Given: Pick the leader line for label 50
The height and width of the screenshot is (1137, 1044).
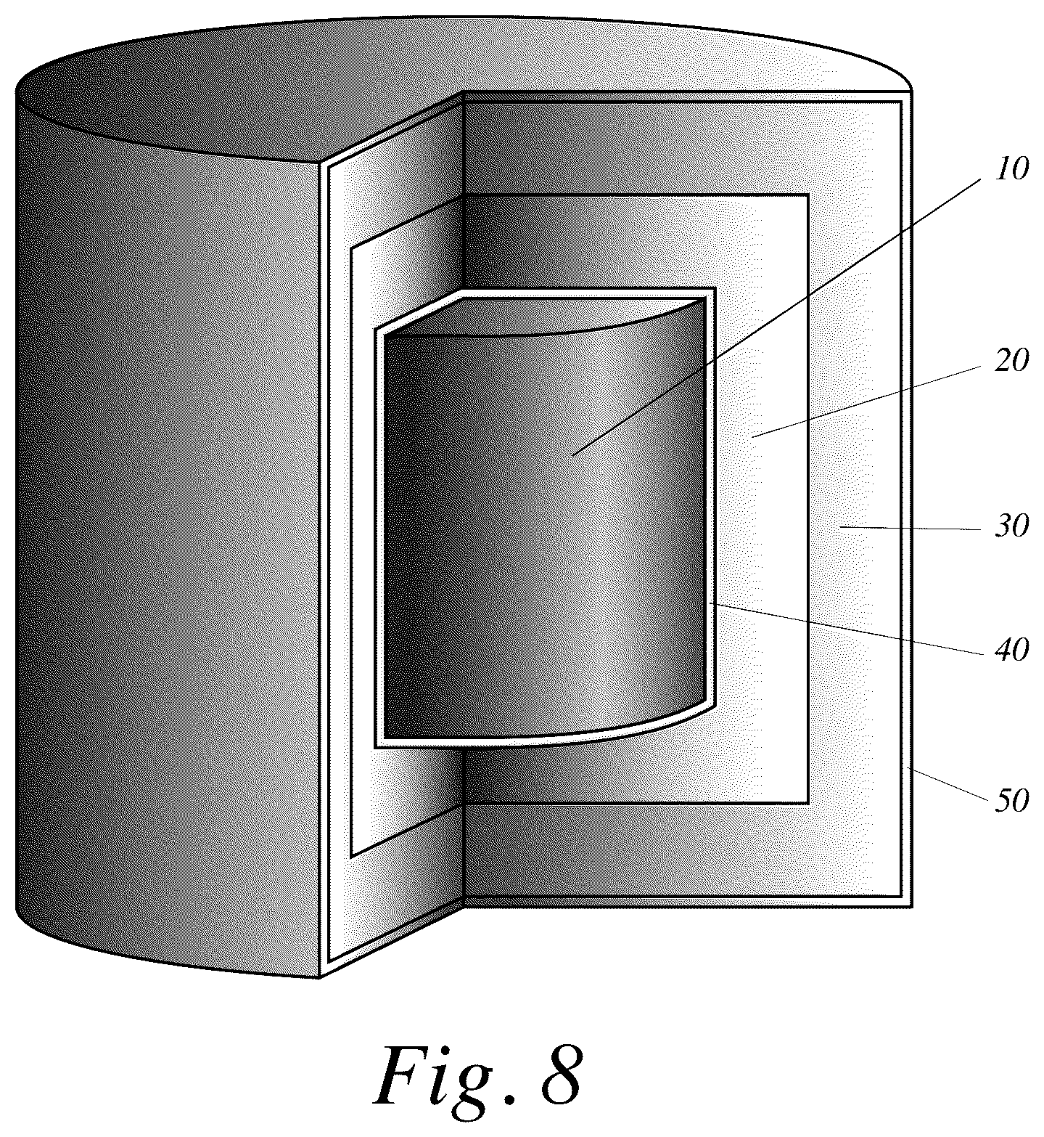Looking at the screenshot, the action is pyautogui.click(x=948, y=784).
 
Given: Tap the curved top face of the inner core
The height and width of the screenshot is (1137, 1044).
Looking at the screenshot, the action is pyautogui.click(x=544, y=317).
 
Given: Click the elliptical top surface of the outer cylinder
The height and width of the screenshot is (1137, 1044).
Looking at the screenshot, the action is pyautogui.click(x=464, y=80).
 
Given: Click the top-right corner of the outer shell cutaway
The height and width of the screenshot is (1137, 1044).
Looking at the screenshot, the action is pyautogui.click(x=911, y=92).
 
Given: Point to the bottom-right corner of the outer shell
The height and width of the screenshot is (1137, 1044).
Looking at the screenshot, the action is pyautogui.click(x=911, y=907).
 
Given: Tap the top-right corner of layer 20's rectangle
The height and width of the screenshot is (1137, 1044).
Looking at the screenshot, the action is pyautogui.click(x=808, y=195).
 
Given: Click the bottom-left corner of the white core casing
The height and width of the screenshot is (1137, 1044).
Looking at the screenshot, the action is pyautogui.click(x=375, y=747).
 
